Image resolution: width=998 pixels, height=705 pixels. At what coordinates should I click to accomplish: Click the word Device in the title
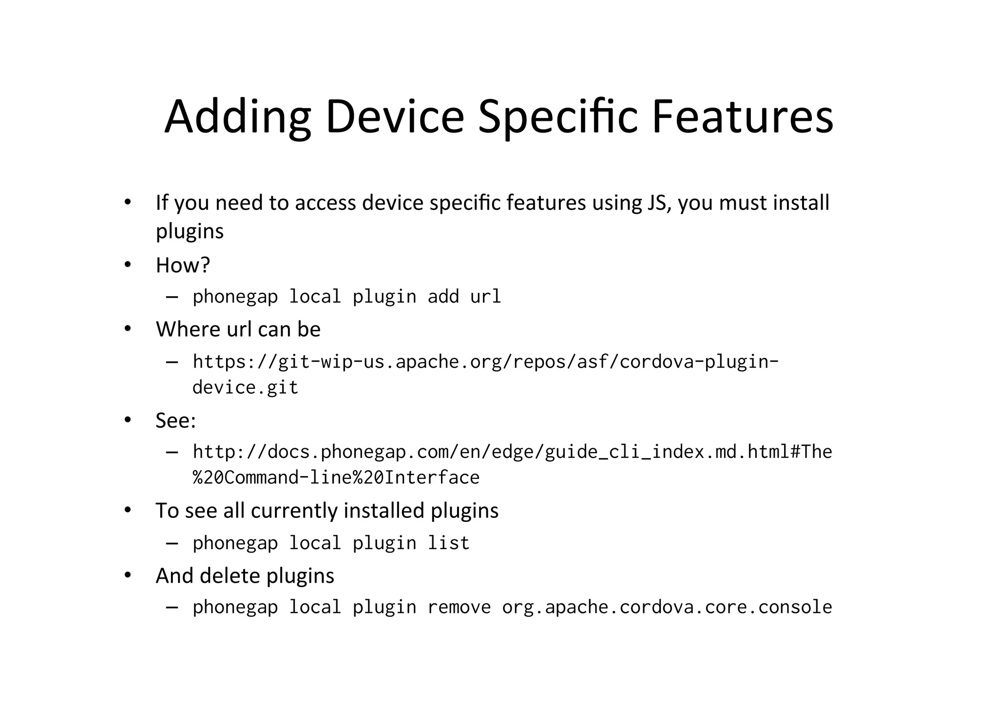pyautogui.click(x=394, y=117)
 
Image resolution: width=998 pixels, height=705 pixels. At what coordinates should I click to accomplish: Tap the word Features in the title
pyautogui.click(x=742, y=117)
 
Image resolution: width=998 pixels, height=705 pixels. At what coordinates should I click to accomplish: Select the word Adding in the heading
pyautogui.click(x=237, y=117)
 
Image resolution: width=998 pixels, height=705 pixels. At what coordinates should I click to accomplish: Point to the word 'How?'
pyautogui.click(x=183, y=265)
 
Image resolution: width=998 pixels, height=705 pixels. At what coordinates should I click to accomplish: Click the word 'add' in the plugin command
pyautogui.click(x=443, y=297)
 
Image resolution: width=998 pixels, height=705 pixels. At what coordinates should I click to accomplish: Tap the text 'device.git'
pyautogui.click(x=245, y=387)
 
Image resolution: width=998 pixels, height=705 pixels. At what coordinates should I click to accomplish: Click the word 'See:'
pyautogui.click(x=175, y=420)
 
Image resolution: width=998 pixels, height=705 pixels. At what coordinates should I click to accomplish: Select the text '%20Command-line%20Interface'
pyautogui.click(x=336, y=477)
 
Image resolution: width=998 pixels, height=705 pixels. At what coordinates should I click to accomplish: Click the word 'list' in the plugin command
pyautogui.click(x=448, y=543)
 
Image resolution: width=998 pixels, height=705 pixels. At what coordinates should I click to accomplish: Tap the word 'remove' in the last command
pyautogui.click(x=459, y=607)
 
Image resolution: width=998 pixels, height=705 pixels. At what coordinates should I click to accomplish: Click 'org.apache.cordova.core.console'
pyautogui.click(x=667, y=607)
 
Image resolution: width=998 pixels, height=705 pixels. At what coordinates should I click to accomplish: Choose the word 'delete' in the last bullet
pyautogui.click(x=230, y=576)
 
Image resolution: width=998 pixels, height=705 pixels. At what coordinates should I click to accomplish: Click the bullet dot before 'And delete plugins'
pyautogui.click(x=128, y=575)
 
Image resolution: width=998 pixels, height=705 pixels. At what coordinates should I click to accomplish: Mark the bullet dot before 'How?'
pyautogui.click(x=128, y=265)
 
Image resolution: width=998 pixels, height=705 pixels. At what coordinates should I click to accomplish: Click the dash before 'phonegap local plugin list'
pyautogui.click(x=172, y=543)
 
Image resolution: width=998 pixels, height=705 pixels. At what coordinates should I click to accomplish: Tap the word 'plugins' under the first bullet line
pyautogui.click(x=190, y=231)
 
